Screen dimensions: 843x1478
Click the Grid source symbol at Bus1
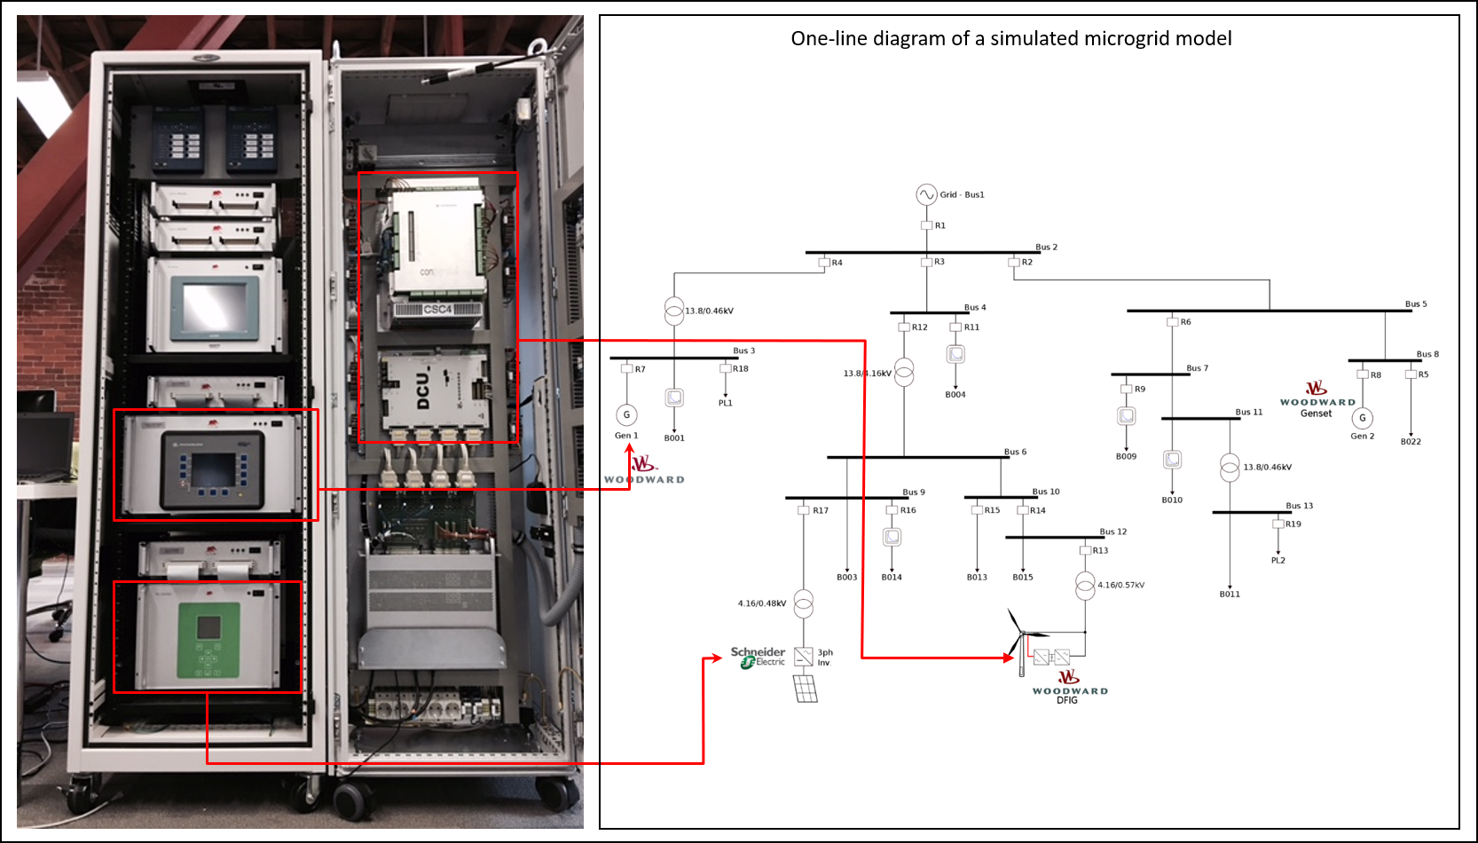926,194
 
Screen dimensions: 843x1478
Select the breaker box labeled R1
926,225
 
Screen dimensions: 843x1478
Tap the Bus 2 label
1046,247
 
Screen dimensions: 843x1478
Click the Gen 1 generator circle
626,414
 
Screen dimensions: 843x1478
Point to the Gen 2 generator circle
1362,418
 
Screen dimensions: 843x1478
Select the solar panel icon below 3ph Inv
805,689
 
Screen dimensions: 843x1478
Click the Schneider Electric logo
758,657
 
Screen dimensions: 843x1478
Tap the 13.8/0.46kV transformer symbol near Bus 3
674,311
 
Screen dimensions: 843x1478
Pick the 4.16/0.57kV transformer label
1120,585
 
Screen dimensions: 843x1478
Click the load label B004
955,395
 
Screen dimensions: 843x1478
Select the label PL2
1278,560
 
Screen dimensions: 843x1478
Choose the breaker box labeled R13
1085,550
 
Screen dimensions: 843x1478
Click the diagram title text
1010,38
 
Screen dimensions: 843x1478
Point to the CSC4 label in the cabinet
437,309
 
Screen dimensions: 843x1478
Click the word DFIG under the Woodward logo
1066,700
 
